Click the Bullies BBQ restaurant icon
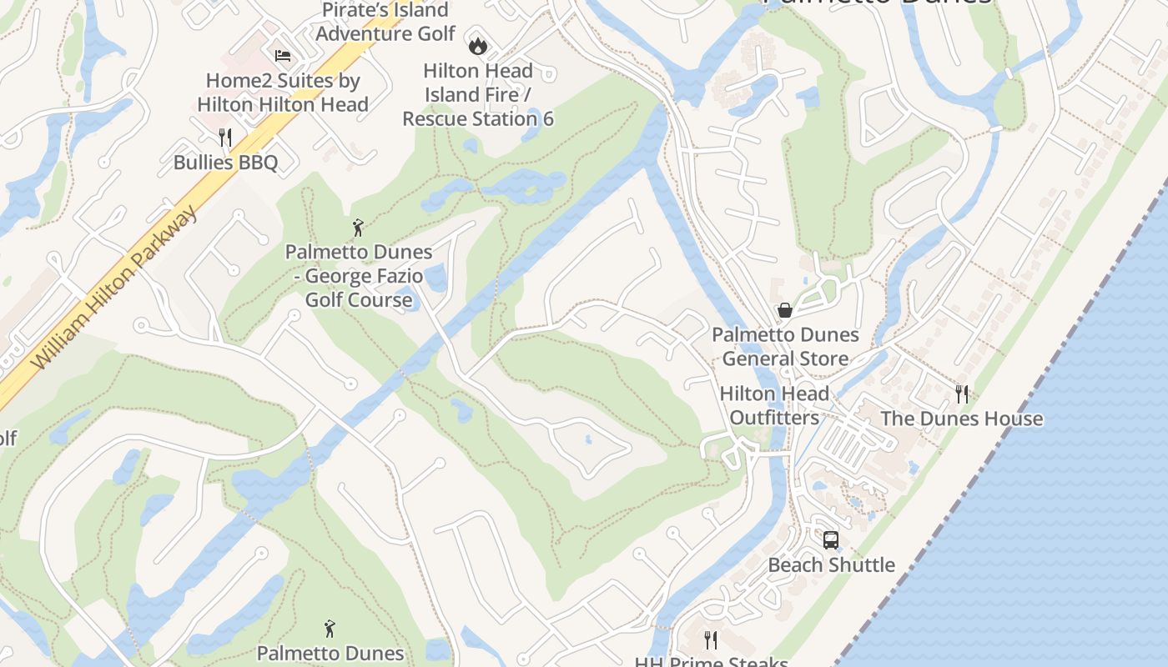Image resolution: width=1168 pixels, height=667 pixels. point(224,137)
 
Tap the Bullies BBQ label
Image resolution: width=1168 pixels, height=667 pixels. point(225,162)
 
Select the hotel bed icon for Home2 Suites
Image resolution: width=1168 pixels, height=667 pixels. point(283,56)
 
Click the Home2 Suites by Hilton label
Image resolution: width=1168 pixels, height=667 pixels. point(283,93)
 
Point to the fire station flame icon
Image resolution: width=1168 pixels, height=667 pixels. point(477,45)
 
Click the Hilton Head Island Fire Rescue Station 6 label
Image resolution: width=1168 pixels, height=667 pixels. point(478,95)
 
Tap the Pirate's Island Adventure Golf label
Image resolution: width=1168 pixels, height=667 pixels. point(385,22)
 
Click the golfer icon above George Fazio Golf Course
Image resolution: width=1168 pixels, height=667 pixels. point(358,227)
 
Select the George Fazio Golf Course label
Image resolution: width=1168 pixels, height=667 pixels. point(359,275)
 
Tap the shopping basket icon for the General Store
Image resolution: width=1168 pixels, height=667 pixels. point(785,310)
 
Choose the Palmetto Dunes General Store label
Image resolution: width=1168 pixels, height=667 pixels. point(785,347)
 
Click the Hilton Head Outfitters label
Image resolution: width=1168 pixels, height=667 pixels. point(774,405)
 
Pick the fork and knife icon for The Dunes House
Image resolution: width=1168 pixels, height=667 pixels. point(962,394)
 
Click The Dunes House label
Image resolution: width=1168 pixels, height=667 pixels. point(962,419)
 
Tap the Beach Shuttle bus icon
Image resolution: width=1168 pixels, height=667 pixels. point(831,539)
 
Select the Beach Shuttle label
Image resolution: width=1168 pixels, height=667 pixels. point(831,564)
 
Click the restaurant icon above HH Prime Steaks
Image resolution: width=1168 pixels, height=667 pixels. point(711,639)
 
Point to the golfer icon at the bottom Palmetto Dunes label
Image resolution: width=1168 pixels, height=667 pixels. point(330,628)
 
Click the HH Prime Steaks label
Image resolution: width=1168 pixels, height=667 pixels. point(711,661)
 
